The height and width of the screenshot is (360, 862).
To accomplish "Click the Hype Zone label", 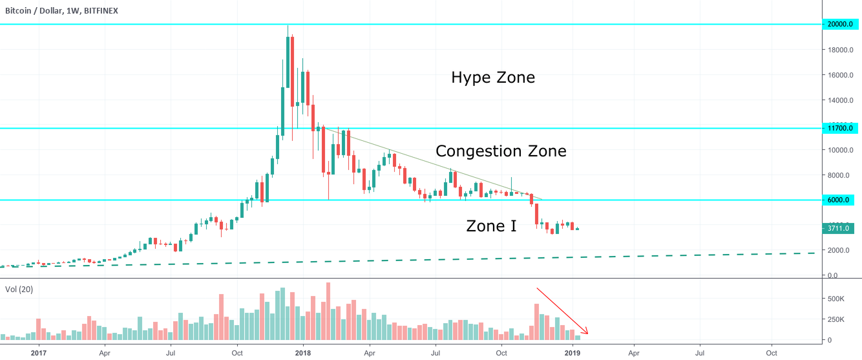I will [x=493, y=78].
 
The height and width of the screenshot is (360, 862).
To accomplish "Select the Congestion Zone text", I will [x=501, y=151].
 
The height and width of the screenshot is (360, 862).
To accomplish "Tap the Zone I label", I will [x=491, y=226].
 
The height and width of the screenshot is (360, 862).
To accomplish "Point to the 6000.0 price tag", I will [x=838, y=200].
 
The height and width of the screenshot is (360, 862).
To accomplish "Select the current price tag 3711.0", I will [x=838, y=228].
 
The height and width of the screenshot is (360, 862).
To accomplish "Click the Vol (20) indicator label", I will [x=19, y=290].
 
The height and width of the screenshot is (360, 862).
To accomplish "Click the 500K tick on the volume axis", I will [x=837, y=299].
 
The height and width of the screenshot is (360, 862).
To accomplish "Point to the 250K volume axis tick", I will [x=837, y=319].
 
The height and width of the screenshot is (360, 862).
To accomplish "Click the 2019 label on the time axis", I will [x=573, y=354].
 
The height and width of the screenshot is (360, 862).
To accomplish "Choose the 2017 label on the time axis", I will [x=39, y=354].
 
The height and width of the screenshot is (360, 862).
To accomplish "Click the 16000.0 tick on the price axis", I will [x=838, y=75].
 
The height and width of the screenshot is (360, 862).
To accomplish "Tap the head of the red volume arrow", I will [x=587, y=334].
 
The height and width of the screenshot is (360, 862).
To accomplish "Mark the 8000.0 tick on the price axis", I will [x=837, y=175].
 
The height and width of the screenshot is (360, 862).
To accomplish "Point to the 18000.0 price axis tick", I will [x=838, y=50].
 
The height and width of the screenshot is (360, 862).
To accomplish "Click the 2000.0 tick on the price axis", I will [x=837, y=251].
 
